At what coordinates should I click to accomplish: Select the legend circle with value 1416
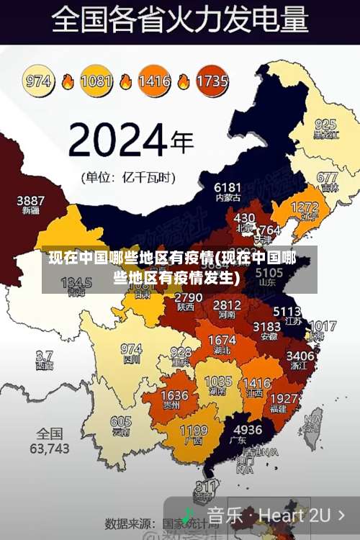tap(154, 81)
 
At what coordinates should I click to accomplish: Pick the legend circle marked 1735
tap(212, 81)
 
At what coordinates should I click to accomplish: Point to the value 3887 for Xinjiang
tap(30, 199)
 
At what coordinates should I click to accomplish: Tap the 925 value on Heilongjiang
tap(325, 124)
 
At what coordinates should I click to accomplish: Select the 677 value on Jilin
tap(327, 176)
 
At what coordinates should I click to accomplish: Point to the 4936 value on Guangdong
tap(248, 430)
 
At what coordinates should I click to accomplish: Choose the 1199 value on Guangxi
tap(193, 431)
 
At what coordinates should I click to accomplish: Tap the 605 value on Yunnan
tap(121, 422)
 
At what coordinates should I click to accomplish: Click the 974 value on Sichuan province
tap(131, 348)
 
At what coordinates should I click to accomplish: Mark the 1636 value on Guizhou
tap(174, 395)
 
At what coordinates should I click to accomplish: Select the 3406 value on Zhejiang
tap(300, 356)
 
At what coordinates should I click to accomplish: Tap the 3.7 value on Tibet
tap(44, 356)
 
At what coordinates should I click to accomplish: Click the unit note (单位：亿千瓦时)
tap(127, 176)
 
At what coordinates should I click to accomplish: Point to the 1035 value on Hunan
tap(218, 382)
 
